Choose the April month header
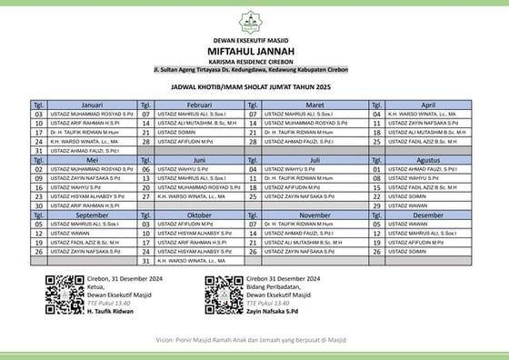coord(430,105)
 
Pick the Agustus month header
coord(430,159)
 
